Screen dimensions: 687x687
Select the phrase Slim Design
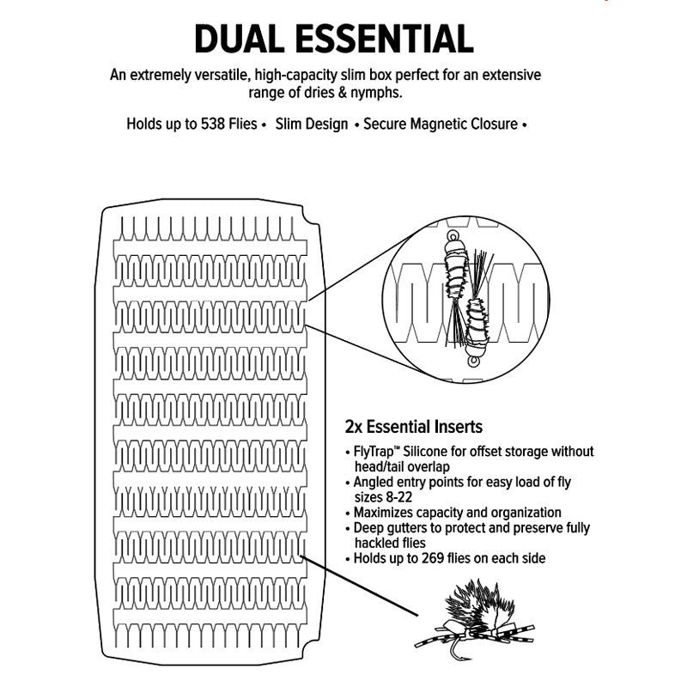[x=312, y=124]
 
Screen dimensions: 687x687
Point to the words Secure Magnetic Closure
[x=441, y=124]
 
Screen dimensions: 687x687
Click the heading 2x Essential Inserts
[x=413, y=427]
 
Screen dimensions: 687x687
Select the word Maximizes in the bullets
[x=384, y=513]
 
